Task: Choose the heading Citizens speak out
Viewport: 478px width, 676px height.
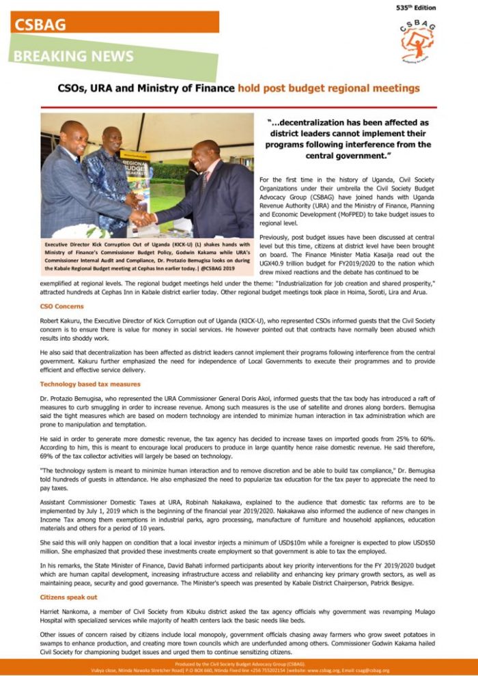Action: [68, 597]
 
